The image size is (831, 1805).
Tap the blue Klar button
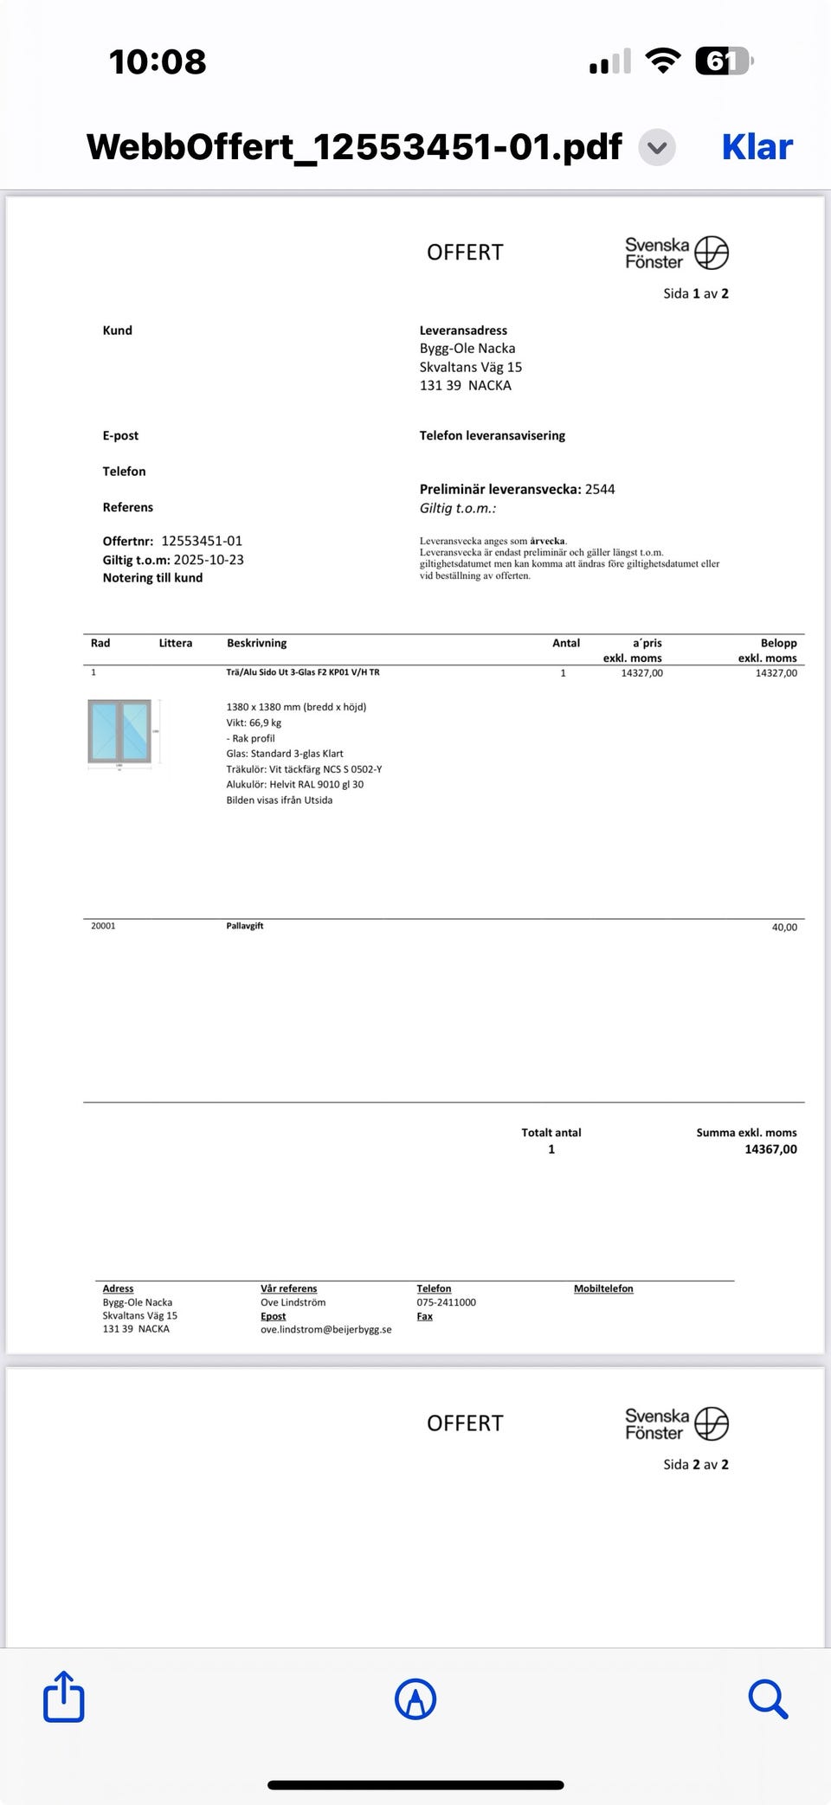(757, 147)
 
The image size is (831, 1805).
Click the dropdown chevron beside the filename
(657, 147)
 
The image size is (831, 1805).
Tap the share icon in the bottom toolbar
(64, 1698)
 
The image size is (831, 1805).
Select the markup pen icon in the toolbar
(415, 1699)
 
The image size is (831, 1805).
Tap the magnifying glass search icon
(768, 1699)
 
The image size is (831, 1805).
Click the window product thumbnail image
(120, 732)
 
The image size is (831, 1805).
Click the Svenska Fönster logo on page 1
(677, 253)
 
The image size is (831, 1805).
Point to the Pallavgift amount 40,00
(784, 927)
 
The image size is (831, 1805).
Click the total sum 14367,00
(770, 1149)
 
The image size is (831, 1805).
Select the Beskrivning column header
(256, 643)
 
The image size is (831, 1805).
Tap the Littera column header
(176, 643)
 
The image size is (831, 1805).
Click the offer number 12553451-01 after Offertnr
(202, 541)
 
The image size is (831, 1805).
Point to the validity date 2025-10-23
(209, 560)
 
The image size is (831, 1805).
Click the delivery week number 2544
(600, 489)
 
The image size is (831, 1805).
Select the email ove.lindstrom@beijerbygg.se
(325, 1329)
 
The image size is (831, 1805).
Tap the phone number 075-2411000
(446, 1302)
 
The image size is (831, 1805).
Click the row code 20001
(103, 926)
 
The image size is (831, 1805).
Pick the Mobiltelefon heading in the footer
(603, 1288)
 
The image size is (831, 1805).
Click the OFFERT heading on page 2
(465, 1423)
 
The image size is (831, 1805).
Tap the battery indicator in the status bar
(724, 61)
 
